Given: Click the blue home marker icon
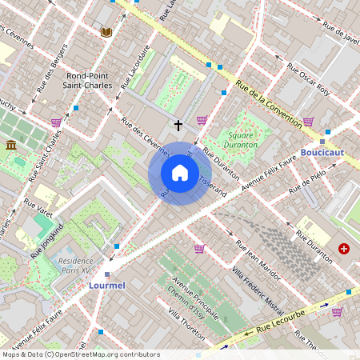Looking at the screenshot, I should [180, 173].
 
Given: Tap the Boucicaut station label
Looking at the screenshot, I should [322, 152].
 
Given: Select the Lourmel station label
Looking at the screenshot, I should [107, 284].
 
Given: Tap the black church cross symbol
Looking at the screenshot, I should [178, 125].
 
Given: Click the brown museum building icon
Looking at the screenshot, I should [11, 145].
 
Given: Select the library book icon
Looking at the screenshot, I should [106, 32].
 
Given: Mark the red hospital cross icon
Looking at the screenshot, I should [344, 250].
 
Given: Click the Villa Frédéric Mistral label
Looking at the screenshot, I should [257, 291].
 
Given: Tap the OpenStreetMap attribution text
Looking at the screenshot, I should [81, 354].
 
